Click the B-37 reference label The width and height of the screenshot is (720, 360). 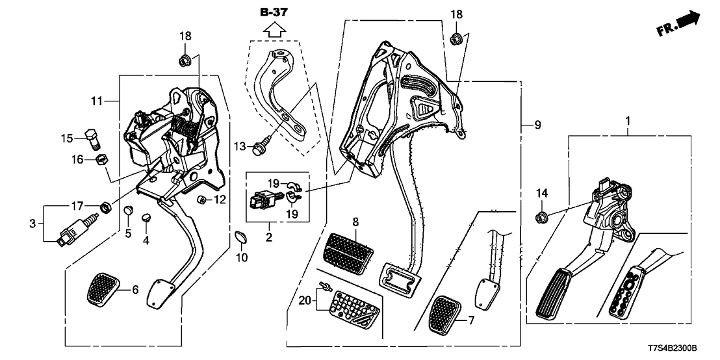click(x=273, y=12)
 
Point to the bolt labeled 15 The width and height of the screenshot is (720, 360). click(x=92, y=137)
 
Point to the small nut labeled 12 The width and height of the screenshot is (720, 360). click(x=201, y=199)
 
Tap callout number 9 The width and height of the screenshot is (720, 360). click(x=537, y=123)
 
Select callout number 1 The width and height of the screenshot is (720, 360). click(x=627, y=122)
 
